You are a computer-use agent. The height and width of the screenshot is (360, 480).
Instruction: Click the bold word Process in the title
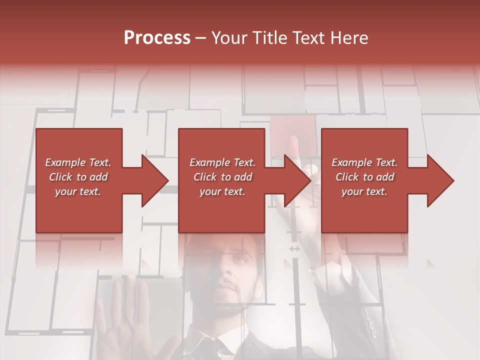pos(157,38)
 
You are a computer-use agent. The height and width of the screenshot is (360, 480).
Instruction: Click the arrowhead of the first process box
pos(154,180)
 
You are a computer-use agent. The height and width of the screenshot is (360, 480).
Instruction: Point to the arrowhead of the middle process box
pos(297,180)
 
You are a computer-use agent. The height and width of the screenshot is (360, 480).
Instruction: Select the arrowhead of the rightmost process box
pos(440,180)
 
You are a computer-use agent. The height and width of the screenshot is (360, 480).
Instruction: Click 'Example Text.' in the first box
pos(78,162)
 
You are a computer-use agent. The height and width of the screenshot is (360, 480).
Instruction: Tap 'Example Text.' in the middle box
pos(222,162)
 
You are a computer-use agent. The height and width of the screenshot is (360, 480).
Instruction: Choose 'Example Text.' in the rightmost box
pos(364,162)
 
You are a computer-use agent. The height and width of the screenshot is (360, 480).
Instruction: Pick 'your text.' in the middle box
pos(222,191)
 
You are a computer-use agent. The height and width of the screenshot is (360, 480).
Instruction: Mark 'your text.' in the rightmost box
pos(364,191)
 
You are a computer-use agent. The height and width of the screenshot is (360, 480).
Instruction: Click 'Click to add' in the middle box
pos(222,177)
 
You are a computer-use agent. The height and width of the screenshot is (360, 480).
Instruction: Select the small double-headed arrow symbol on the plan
pos(294,248)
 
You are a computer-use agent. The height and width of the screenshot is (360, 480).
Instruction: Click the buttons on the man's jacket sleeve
pos(370,322)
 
